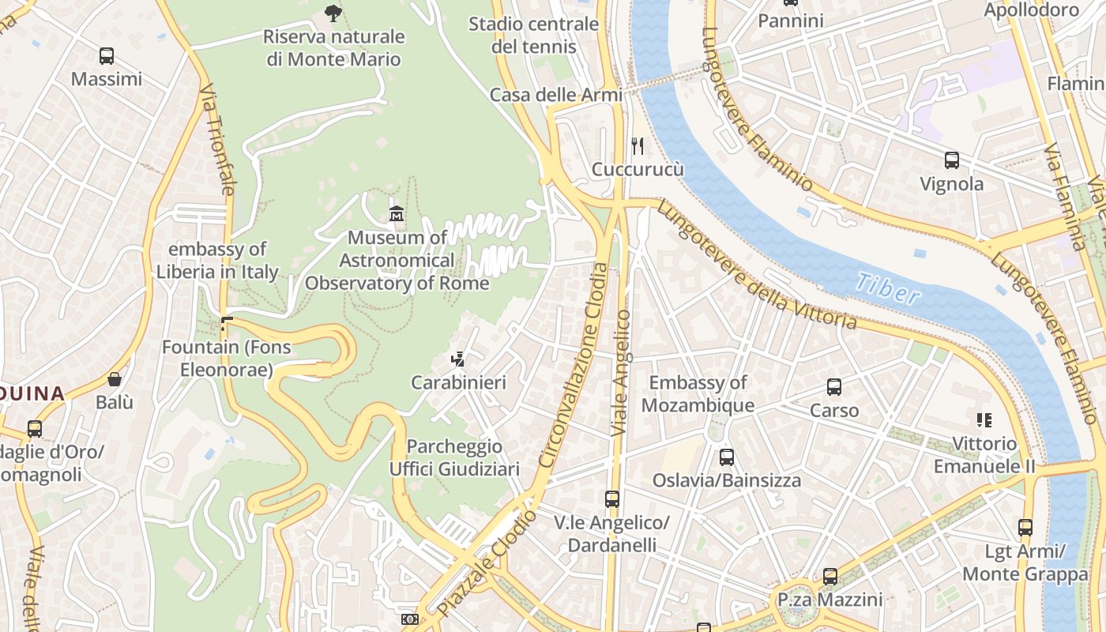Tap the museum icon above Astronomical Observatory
397,213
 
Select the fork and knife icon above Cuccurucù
638,145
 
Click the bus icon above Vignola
952,160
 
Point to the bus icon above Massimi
107,56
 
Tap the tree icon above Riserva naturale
333,13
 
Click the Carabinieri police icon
457,359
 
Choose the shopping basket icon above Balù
115,379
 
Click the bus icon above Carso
834,387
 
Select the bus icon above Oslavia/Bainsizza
726,457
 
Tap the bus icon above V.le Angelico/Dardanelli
611,499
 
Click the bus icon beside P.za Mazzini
829,577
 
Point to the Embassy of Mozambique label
698,394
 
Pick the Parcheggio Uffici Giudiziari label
454,458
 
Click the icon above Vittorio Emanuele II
984,419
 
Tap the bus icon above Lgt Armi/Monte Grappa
1025,528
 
